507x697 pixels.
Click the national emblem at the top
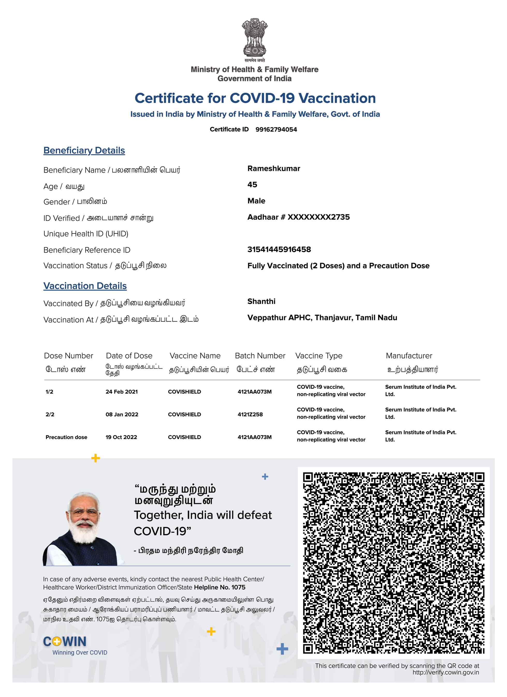(x=254, y=38)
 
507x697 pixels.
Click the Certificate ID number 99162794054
(x=276, y=129)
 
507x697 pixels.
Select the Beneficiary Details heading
(x=84, y=150)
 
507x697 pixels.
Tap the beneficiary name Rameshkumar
(x=274, y=168)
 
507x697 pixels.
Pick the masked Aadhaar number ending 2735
(x=298, y=217)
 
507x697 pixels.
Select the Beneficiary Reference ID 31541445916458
(x=279, y=249)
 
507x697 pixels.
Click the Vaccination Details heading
(x=85, y=286)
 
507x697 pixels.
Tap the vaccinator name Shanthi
(x=261, y=301)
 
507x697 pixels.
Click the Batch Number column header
(x=260, y=356)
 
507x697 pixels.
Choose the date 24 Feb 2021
(x=121, y=392)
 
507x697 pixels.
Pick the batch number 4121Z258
(x=250, y=414)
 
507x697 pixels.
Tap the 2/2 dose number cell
(x=50, y=414)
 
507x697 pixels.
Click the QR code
(x=393, y=562)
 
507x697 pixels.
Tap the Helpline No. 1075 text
(x=219, y=587)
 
